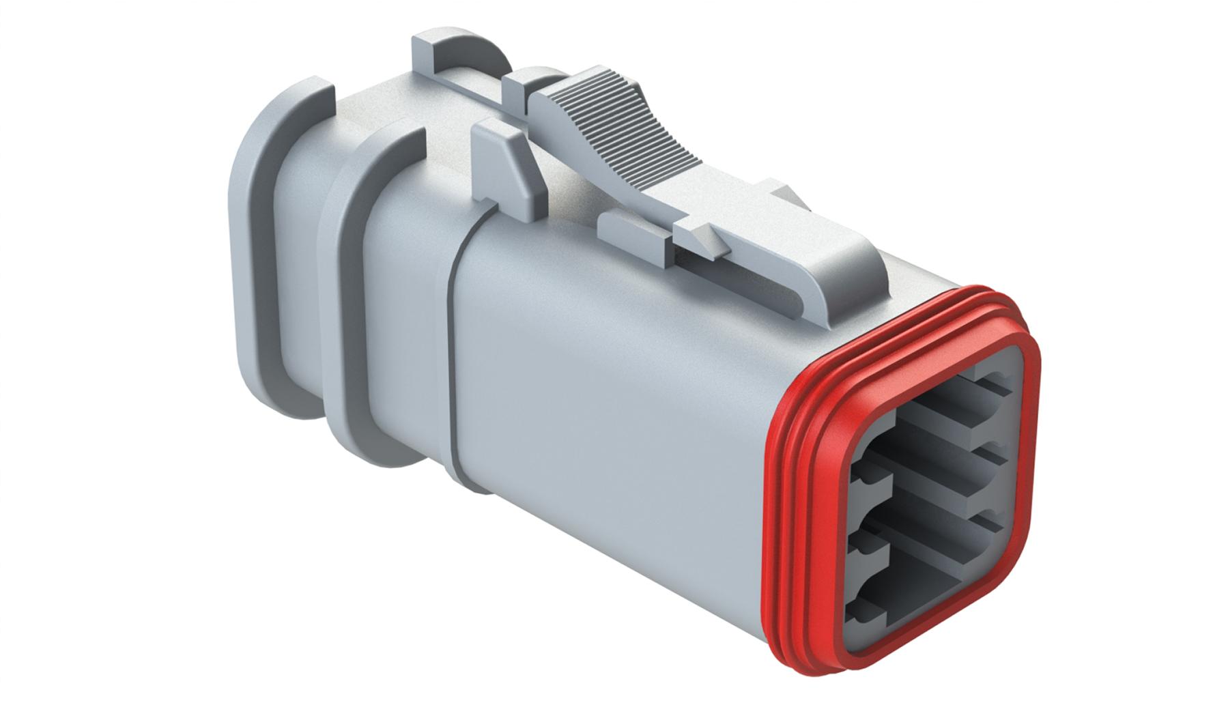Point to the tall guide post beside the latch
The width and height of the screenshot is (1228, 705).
[505, 164]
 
